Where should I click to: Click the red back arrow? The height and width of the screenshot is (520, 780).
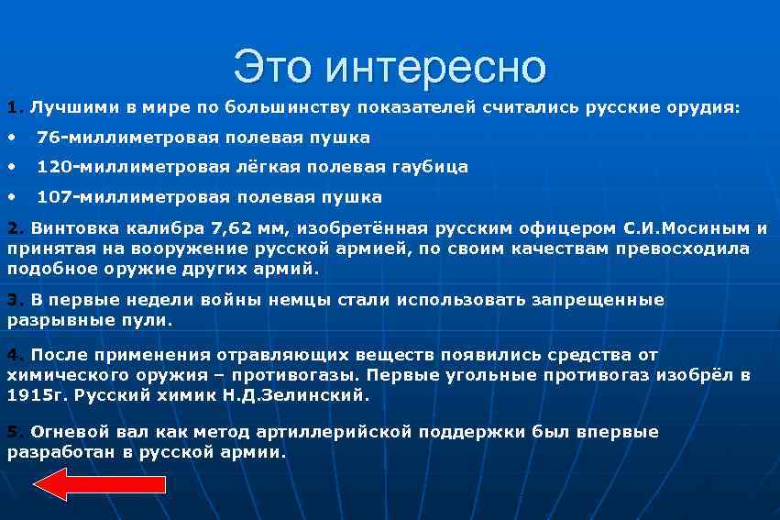coord(99,483)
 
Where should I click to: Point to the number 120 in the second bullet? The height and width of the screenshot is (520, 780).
coord(53,167)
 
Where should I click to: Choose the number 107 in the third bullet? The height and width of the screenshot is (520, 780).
coord(53,196)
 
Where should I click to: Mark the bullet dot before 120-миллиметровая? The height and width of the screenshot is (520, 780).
coord(11,167)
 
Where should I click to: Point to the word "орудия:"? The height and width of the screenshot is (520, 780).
coord(705,107)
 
